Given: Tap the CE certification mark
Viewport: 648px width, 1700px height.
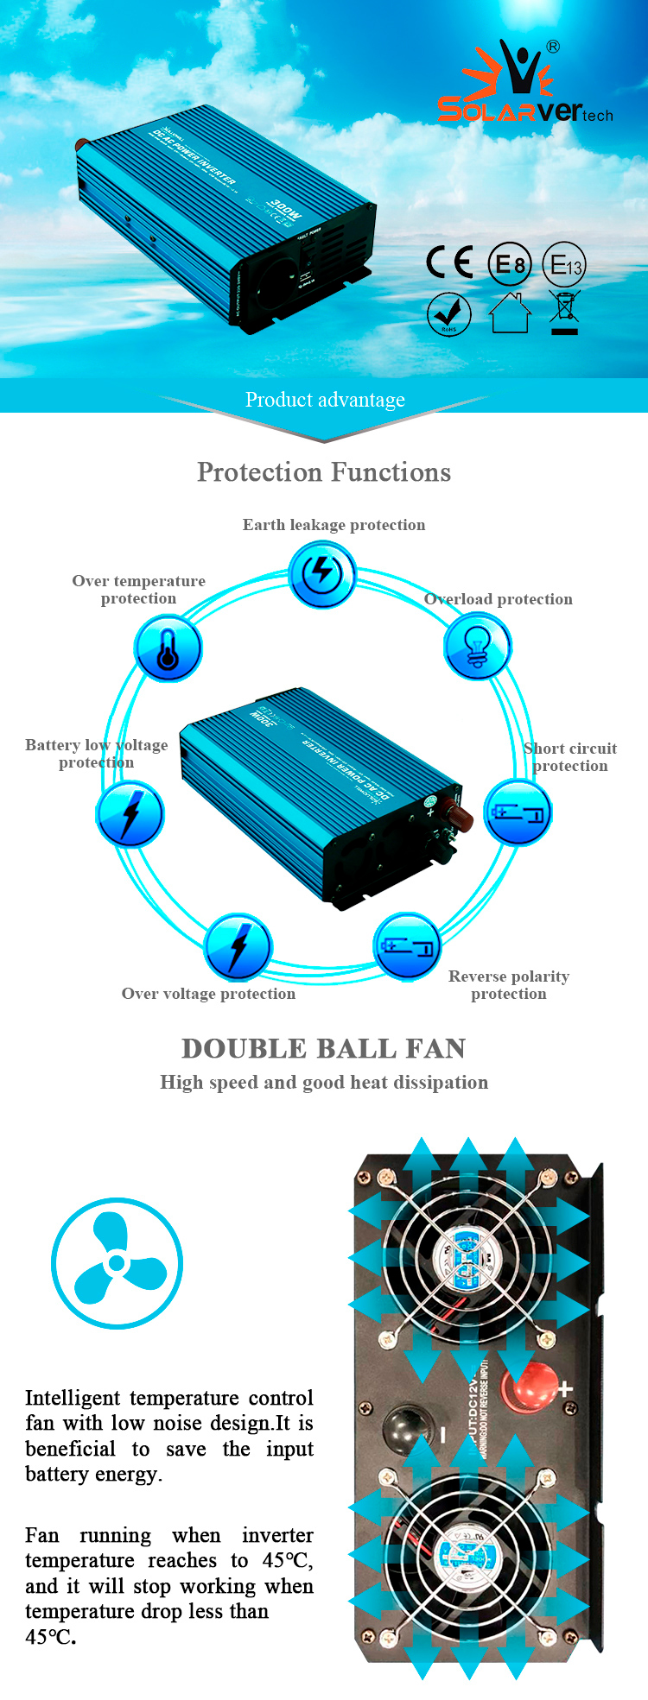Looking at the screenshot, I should pyautogui.click(x=449, y=262).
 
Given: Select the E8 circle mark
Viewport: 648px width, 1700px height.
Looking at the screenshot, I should pyautogui.click(x=510, y=264).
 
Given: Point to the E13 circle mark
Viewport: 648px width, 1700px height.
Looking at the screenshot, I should pyautogui.click(x=564, y=264).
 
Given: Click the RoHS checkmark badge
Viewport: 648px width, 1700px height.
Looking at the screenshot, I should pyautogui.click(x=449, y=313).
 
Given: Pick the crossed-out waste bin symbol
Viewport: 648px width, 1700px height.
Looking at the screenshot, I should pyautogui.click(x=564, y=313).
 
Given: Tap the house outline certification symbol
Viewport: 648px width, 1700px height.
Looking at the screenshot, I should pyautogui.click(x=510, y=313).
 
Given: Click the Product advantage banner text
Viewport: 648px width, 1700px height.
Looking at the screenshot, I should pyautogui.click(x=325, y=400).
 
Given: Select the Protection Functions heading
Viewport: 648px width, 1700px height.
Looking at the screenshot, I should pyautogui.click(x=324, y=472).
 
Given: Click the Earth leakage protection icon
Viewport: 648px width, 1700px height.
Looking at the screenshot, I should pyautogui.click(x=321, y=573).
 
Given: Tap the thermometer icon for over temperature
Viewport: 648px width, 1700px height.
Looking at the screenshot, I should pyautogui.click(x=168, y=648).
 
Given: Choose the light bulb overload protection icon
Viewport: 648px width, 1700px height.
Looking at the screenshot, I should pyautogui.click(x=477, y=648).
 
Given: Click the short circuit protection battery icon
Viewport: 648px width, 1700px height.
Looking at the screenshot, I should pyautogui.click(x=517, y=812).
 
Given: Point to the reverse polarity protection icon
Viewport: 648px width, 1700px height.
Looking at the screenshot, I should pyautogui.click(x=407, y=945).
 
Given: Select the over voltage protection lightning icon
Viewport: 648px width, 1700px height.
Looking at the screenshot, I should pyautogui.click(x=238, y=946).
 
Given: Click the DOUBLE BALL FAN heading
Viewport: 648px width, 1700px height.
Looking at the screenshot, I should pyautogui.click(x=324, y=1048).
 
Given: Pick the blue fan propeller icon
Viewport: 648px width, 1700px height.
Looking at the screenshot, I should pyautogui.click(x=117, y=1262).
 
